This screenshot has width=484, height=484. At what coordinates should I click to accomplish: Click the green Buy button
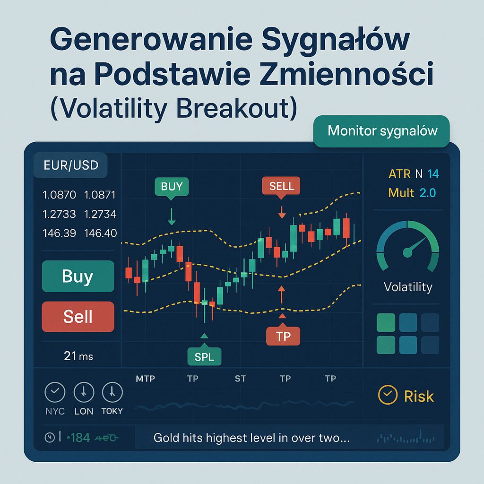pos(78,276)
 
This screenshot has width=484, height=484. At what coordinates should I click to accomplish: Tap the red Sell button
pos(78,316)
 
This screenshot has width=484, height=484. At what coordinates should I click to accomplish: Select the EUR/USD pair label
pos(70,166)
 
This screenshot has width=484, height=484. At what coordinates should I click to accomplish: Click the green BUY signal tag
pos(171,186)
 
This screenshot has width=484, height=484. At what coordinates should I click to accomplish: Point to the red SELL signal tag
pos(281,186)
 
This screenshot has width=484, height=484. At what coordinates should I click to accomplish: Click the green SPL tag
pos(204,357)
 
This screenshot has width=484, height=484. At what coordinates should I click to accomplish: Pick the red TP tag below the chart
pos(283,336)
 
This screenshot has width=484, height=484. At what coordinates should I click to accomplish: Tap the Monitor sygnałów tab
pos(382,131)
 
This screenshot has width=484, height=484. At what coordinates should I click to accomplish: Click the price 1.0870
pos(59,195)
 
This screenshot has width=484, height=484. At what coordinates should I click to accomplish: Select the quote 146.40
pos(100,233)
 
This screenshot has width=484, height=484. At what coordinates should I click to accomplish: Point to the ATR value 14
pos(433,174)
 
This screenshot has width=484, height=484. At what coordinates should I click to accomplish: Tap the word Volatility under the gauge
pos(408,287)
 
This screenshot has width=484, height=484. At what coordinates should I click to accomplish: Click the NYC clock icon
pos(55,392)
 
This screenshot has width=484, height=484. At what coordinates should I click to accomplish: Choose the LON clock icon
pos(84,392)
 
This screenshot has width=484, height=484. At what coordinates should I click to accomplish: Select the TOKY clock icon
pos(112,392)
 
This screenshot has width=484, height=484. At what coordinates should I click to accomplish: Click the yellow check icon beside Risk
pos(388,396)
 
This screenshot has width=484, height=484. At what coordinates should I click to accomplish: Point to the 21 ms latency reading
pos(78,356)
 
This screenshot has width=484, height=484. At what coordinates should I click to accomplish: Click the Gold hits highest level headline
pos(251,438)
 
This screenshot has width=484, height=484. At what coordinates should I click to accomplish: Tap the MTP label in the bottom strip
pos(145,379)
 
